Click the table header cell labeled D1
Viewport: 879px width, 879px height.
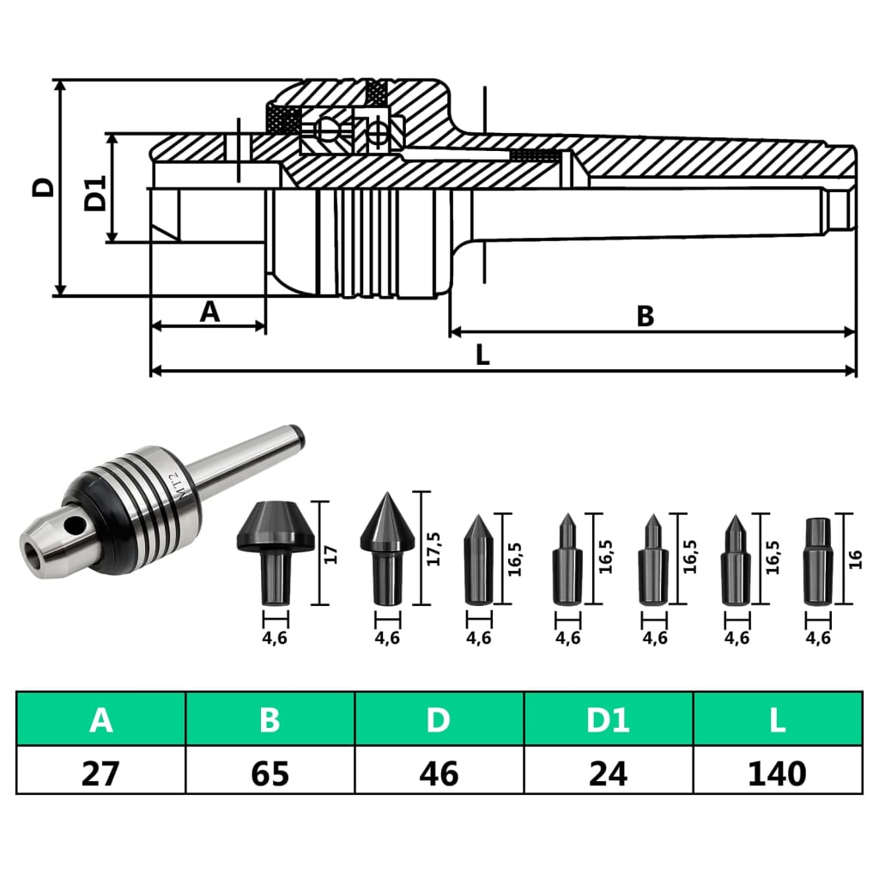[608, 719]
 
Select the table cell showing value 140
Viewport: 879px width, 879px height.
[777, 773]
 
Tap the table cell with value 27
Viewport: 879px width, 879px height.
[100, 773]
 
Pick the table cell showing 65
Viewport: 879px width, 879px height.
[270, 773]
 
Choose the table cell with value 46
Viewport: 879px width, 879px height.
[438, 773]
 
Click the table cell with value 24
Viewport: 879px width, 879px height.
[608, 773]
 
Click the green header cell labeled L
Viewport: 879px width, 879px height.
[777, 719]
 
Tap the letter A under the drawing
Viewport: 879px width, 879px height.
[209, 312]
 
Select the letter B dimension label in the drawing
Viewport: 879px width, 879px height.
[645, 317]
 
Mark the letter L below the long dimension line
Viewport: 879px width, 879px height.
[482, 356]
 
